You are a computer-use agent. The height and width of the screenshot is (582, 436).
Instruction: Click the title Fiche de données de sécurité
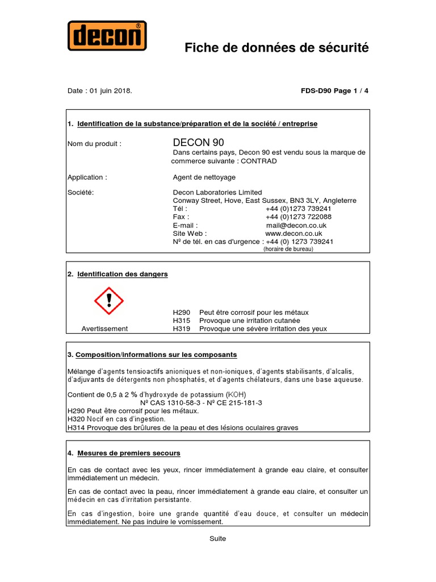276,48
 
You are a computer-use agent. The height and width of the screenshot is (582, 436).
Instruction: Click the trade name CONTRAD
259,161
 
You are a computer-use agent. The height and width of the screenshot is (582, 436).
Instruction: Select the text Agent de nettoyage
204,177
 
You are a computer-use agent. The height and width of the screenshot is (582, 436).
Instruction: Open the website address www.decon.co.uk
294,233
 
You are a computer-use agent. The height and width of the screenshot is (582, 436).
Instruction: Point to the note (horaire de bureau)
288,249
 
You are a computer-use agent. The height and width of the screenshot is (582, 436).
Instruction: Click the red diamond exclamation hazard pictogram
108,301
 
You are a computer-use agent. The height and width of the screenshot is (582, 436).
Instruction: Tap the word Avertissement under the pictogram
104,329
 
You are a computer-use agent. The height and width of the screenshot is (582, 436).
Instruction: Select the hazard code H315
182,321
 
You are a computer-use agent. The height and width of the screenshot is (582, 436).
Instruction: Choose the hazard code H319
182,329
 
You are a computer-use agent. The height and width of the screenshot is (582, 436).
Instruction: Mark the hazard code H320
76,419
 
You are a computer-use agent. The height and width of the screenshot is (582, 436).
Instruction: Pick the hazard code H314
76,427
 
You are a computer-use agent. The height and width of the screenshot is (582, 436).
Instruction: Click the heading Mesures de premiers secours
128,453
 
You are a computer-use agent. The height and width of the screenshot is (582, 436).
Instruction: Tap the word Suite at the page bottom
217,539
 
